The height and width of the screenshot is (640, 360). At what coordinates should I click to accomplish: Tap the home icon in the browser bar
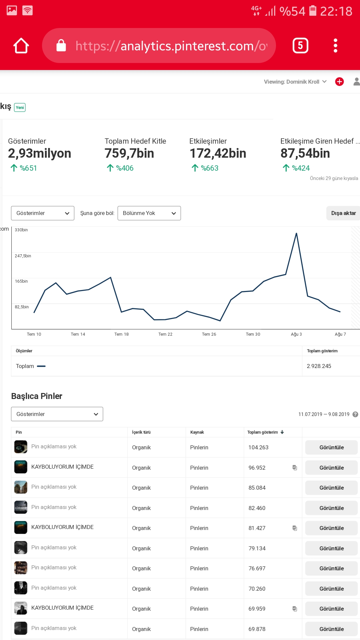click(21, 46)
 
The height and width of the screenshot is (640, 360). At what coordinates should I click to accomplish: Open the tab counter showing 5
click(300, 46)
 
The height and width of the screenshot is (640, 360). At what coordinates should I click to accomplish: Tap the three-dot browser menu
click(335, 46)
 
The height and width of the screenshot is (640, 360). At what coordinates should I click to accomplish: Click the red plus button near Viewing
click(339, 82)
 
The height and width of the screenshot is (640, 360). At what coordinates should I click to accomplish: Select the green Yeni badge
click(20, 107)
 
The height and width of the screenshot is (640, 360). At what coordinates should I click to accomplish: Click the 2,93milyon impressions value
click(40, 153)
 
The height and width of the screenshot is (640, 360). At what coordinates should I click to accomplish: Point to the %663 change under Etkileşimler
click(205, 168)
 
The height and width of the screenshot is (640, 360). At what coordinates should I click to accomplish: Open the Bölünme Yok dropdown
click(149, 213)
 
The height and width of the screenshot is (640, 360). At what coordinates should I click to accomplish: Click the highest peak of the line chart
click(296, 233)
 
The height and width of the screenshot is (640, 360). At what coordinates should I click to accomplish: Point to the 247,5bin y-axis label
click(23, 256)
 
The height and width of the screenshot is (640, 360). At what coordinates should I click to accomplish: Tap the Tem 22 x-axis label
click(165, 334)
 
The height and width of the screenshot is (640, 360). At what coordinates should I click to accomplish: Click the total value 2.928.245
click(319, 366)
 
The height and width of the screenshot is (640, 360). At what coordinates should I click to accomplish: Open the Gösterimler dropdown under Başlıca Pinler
click(57, 414)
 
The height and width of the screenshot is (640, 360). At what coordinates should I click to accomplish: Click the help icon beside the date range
click(355, 414)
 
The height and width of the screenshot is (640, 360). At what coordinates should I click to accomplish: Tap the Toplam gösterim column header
click(263, 432)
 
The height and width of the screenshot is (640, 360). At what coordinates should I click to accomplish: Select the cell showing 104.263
click(258, 447)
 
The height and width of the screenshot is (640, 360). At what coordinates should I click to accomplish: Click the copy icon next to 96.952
click(295, 468)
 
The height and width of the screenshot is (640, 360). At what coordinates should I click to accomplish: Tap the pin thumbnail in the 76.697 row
click(21, 568)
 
